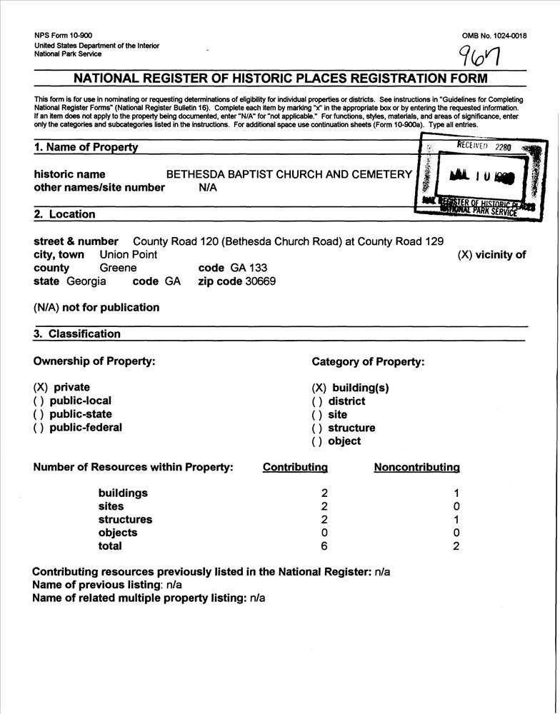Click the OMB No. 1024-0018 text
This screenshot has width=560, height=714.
coord(494,36)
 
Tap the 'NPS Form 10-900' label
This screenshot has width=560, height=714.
coord(63,36)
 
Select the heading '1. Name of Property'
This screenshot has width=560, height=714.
coord(86,148)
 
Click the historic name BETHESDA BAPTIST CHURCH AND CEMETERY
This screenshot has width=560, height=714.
coord(289,174)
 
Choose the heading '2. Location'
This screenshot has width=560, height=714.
coord(64,214)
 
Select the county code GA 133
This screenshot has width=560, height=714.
coord(249,268)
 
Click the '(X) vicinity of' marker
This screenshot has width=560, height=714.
coord(491,255)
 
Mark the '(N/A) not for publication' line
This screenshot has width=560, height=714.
coord(96,308)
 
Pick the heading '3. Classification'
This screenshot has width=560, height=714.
coord(77,334)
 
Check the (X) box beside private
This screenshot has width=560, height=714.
coord(41,388)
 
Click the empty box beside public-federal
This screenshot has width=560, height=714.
coord(39,428)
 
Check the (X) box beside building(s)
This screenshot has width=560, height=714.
coord(319,388)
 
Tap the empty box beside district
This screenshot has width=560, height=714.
coord(317,401)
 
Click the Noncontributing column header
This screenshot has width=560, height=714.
coord(416,468)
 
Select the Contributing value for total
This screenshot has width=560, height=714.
coord(324,546)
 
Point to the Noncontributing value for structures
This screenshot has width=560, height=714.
coord(456,520)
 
